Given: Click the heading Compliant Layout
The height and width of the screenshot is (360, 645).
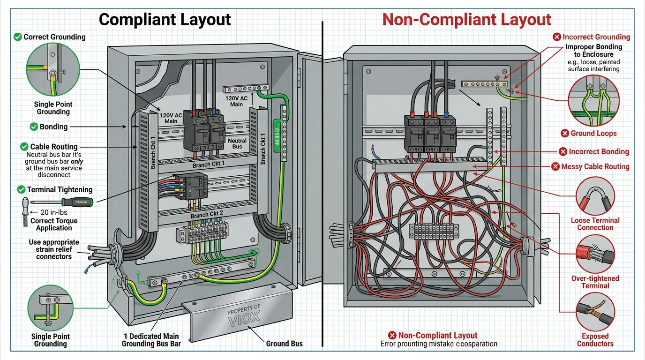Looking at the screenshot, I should point(165,19).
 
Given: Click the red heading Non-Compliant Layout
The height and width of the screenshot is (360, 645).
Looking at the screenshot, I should point(466,19).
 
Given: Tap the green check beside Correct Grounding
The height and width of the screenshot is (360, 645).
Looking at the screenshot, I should point(18,37).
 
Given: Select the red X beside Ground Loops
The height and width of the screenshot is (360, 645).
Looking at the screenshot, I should point(565,134).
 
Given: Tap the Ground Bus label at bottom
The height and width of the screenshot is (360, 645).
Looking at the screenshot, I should point(284,344).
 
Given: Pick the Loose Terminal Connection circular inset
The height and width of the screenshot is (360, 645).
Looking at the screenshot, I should point(595,196).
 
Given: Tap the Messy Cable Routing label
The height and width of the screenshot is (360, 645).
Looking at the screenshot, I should point(595,166).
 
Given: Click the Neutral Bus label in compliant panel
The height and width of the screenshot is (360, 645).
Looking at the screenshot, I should point(237,143).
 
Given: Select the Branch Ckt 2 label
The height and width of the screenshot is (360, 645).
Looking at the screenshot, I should point(207,215).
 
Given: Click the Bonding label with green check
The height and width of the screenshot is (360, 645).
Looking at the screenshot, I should point(53,127).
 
